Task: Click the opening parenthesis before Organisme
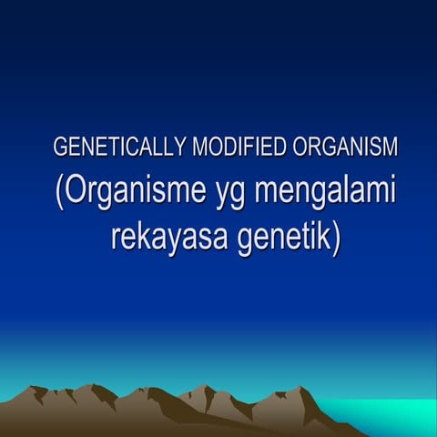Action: click(x=58, y=194)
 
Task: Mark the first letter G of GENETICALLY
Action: click(x=61, y=147)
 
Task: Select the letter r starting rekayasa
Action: click(x=116, y=239)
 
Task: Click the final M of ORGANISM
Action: click(x=391, y=147)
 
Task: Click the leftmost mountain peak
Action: click(x=38, y=389)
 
